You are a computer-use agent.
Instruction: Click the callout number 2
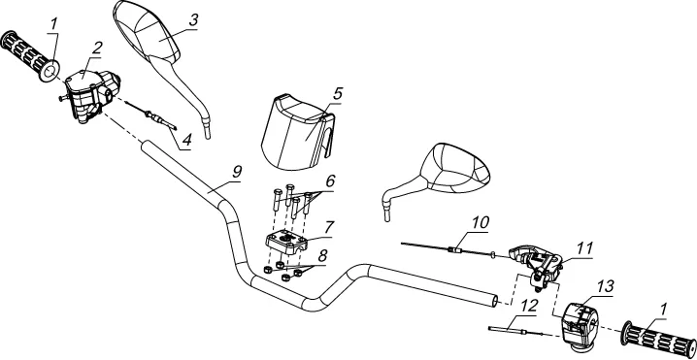[x=97, y=49]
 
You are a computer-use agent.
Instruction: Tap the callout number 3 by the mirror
[x=193, y=20]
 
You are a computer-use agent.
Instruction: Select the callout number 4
[x=186, y=141]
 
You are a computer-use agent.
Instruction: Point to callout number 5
[x=338, y=94]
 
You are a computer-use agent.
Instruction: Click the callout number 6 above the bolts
[x=330, y=181]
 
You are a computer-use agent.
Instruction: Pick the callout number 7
[x=328, y=228]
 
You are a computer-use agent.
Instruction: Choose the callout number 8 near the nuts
[x=322, y=255]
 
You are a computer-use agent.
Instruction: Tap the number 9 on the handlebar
[x=237, y=171]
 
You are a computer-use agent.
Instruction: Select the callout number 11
[x=585, y=247]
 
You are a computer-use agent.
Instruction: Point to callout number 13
[x=606, y=286]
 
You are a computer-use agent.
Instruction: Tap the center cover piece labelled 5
[x=297, y=133]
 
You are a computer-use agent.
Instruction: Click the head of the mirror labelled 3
[x=148, y=30]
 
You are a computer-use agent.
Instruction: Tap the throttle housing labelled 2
[x=91, y=94]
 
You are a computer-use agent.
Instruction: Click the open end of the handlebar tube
[x=497, y=301]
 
